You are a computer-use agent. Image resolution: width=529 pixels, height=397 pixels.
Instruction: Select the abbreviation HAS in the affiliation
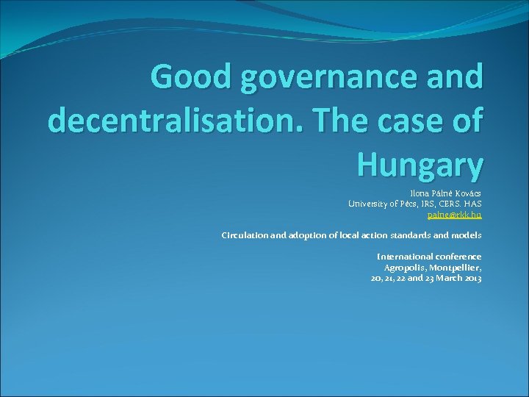pyautogui.click(x=473, y=204)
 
